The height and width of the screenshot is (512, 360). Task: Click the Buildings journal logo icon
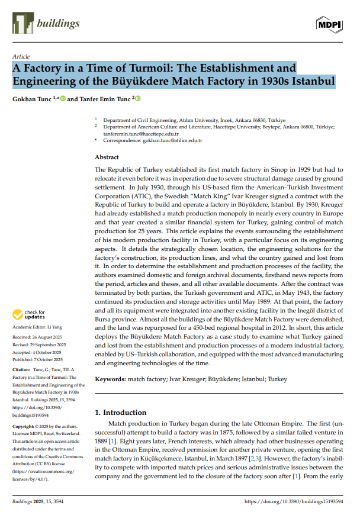coord(21,23)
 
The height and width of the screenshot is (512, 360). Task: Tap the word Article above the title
coord(21,56)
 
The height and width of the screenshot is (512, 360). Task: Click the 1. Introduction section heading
coord(121,412)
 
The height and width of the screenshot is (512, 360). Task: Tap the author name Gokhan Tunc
coord(32,98)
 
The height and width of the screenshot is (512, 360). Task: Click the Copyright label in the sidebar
coord(24,426)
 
